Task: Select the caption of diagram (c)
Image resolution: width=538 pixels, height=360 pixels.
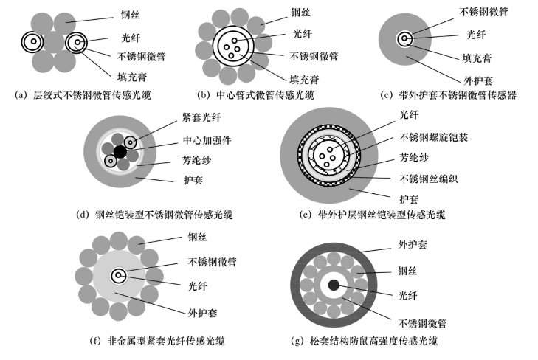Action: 447,94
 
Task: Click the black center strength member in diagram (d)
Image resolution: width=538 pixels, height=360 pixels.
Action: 120,151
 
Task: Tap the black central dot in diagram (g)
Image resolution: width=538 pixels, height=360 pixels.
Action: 334,285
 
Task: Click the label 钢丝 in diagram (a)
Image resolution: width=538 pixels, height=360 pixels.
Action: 131,13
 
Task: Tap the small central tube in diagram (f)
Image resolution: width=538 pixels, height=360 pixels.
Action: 117,276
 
